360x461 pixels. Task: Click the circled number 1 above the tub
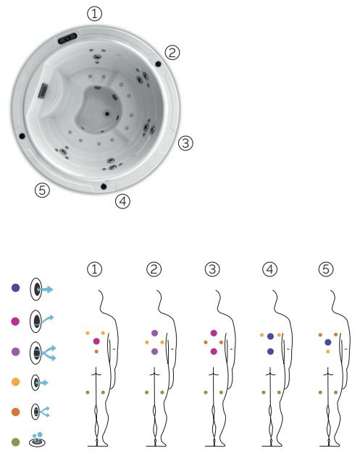point(94,14)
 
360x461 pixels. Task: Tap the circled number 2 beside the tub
point(172,53)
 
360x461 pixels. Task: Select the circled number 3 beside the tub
point(185,143)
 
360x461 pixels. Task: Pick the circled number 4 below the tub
point(122,201)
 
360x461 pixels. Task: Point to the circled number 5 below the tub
point(43,190)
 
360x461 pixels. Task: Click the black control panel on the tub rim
point(67,38)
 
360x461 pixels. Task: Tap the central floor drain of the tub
point(107,114)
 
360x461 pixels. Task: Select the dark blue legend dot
point(15,288)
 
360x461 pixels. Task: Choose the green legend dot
point(15,442)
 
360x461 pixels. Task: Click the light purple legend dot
point(15,351)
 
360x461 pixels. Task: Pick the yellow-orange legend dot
point(15,382)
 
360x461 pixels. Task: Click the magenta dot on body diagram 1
point(96,342)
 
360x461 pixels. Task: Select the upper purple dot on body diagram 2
point(154,333)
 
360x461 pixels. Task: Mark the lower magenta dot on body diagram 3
point(214,351)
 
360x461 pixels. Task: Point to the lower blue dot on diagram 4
point(270,351)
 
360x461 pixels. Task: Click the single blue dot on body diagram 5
point(328,342)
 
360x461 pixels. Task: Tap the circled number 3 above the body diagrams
point(212,269)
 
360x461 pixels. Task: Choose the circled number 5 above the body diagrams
point(326,269)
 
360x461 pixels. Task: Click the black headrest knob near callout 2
point(158,64)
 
